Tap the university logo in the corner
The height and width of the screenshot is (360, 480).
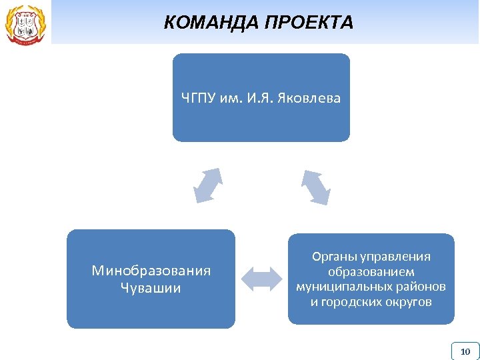tap(25, 23)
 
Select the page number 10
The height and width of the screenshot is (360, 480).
tap(465, 351)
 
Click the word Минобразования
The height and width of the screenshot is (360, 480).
tap(151, 271)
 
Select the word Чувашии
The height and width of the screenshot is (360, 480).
tap(151, 288)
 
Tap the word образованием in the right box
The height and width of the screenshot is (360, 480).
tap(371, 272)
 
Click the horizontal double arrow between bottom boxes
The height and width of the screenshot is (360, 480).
tap(262, 279)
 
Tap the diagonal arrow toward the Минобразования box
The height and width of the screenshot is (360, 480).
tap(207, 185)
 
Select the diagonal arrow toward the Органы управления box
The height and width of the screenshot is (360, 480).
tap(315, 187)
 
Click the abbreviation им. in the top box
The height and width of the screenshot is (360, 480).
tap(231, 99)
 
